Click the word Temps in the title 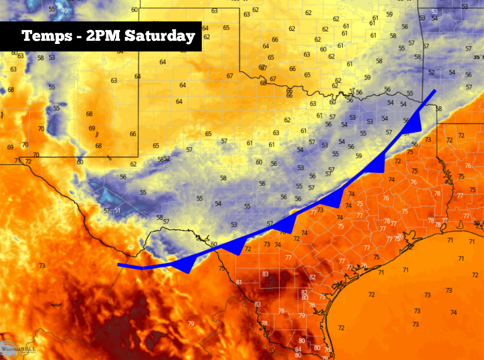[x=43, y=36]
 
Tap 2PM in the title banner [x=103, y=36]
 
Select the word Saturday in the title [x=160, y=36]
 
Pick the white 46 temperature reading [x=64, y=10]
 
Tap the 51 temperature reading [x=117, y=210]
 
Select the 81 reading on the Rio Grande [x=239, y=282]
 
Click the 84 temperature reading [x=298, y=349]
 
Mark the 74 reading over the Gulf [x=454, y=312]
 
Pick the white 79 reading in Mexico [x=191, y=324]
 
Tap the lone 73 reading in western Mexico [x=42, y=266]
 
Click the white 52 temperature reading [x=434, y=11]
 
